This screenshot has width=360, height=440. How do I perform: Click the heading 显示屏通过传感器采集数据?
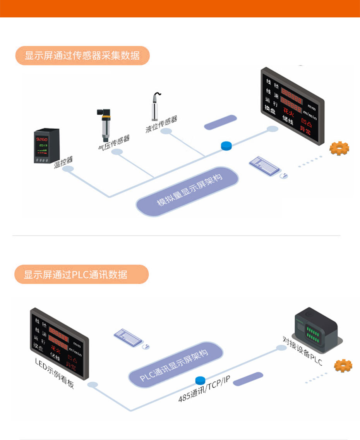[82, 55]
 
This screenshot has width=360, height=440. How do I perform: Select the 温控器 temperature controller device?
[46, 146]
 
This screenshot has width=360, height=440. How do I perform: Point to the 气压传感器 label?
[114, 143]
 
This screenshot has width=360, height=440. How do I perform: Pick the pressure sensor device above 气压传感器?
[104, 124]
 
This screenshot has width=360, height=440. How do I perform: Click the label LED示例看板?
[54, 374]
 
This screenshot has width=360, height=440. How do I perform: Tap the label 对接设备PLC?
[302, 351]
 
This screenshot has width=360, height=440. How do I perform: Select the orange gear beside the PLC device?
[343, 365]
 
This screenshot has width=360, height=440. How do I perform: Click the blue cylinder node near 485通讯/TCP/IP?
[201, 380]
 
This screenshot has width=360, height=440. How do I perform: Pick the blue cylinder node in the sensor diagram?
[226, 145]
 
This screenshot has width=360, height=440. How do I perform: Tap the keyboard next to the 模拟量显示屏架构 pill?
[264, 166]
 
